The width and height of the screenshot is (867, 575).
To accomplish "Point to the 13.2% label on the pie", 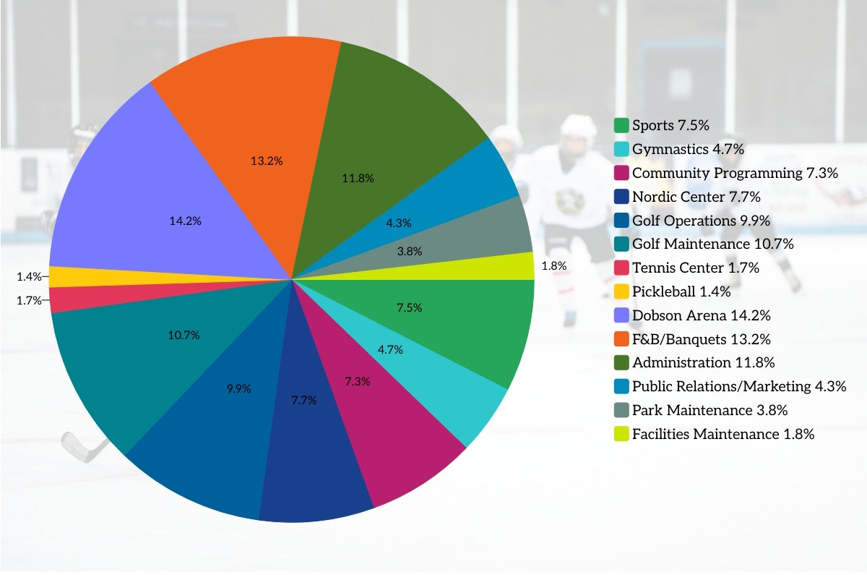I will tap(267, 161).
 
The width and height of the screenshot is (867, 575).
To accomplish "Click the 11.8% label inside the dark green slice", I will tap(358, 178).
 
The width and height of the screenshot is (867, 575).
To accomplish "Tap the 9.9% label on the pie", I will tap(238, 388).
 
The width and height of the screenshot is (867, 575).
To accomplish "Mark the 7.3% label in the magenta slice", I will tap(357, 381).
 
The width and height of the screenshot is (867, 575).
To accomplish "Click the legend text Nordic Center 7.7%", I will tap(696, 197).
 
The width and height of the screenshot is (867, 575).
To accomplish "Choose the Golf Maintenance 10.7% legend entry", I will tap(712, 244).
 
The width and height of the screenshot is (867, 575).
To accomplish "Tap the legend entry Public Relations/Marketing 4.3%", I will tap(738, 386).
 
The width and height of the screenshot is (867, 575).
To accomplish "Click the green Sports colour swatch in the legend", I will tap(621, 126).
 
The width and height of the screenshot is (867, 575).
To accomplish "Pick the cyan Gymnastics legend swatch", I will tap(621, 150).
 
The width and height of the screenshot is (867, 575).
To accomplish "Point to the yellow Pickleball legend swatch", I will tap(621, 291).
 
